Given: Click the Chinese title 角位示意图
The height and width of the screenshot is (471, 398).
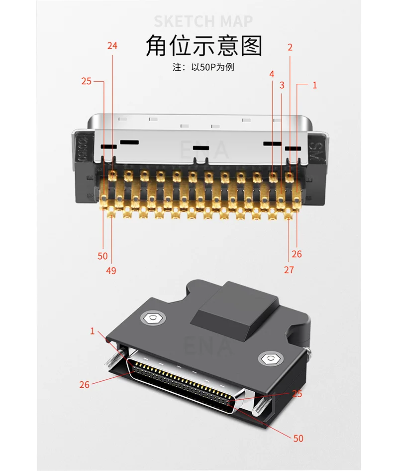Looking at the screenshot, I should click(x=203, y=46).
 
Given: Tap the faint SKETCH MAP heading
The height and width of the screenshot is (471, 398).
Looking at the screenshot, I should click(x=203, y=21).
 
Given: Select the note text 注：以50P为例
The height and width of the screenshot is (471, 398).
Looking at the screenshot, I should click(x=203, y=67).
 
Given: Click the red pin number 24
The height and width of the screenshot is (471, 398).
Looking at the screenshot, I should click(x=112, y=46).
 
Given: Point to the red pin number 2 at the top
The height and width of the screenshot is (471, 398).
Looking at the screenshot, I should click(x=290, y=47).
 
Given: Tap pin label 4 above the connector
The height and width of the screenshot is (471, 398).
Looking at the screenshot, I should click(x=272, y=74).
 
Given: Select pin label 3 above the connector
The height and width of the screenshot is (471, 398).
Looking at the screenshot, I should click(x=282, y=85).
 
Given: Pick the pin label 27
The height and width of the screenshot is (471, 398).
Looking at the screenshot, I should click(x=289, y=270).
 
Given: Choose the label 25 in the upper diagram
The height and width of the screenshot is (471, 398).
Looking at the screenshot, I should click(x=87, y=81).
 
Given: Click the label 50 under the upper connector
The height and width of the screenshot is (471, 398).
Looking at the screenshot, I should click(x=102, y=256).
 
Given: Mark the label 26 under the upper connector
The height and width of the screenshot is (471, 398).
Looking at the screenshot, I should click(x=297, y=254).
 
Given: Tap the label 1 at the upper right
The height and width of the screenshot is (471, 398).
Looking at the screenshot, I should click(x=314, y=85).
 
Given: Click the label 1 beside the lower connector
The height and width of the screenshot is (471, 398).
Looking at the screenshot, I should click(x=92, y=331).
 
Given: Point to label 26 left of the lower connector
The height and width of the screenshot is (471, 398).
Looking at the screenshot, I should click(x=85, y=384).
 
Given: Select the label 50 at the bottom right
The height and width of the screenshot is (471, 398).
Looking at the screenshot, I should click(x=298, y=439).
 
